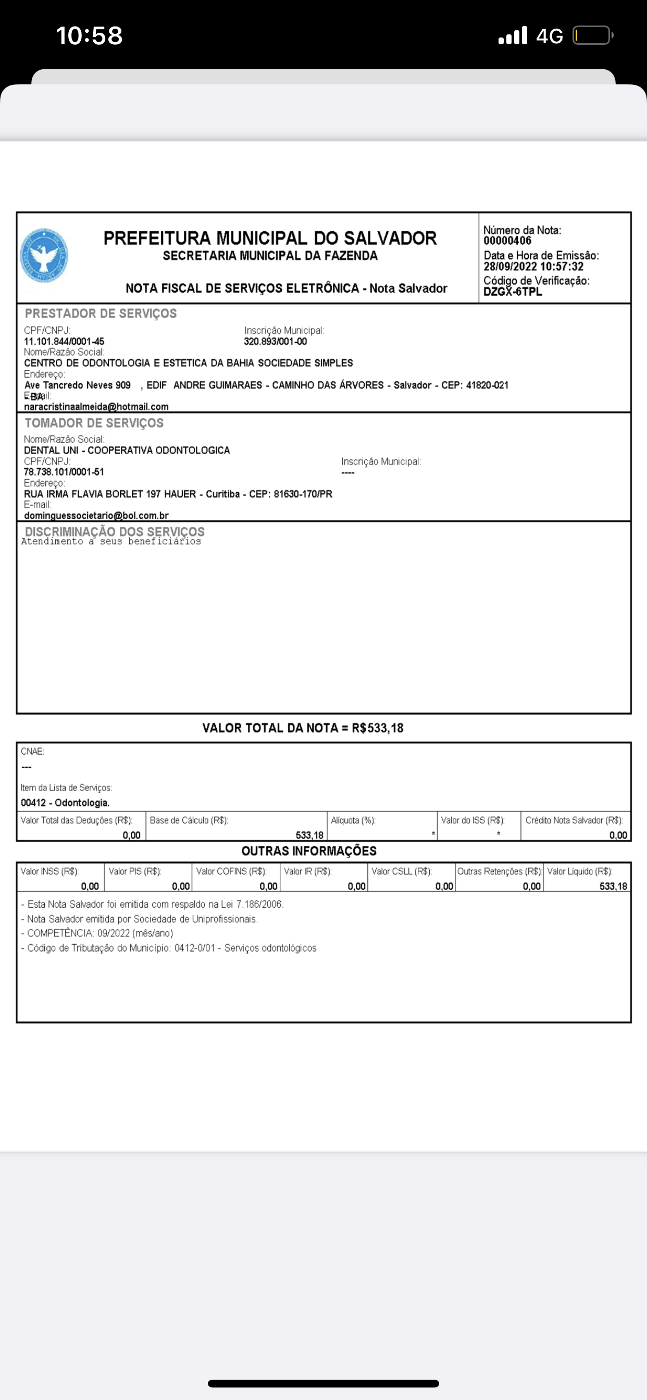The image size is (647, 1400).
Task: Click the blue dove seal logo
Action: [x=43, y=255]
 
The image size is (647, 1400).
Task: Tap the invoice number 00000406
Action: [x=507, y=241]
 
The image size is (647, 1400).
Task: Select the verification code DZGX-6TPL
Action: [x=513, y=292]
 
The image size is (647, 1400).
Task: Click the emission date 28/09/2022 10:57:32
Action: [x=533, y=266]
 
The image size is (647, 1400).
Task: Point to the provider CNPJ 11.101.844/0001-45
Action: [x=64, y=341]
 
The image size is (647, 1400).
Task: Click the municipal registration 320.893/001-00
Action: [x=275, y=341]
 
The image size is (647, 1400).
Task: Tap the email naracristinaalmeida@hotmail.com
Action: [x=96, y=407]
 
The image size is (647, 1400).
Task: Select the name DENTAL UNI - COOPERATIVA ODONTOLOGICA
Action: [x=127, y=450]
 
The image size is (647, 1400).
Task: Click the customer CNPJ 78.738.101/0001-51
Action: [x=64, y=472]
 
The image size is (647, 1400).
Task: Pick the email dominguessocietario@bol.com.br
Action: [x=96, y=515]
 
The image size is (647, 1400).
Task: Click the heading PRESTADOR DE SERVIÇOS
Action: [x=101, y=314]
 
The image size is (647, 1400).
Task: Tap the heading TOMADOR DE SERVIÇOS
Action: [x=94, y=423]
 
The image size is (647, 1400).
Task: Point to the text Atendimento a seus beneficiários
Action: [x=111, y=541]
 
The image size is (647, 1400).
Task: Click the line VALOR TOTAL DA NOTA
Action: [x=303, y=728]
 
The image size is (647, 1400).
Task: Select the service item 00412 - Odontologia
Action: [x=65, y=803]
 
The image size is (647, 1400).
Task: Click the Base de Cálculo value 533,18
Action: [x=309, y=835]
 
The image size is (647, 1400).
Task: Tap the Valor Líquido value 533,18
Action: [x=613, y=886]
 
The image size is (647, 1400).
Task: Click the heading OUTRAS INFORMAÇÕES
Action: [x=309, y=851]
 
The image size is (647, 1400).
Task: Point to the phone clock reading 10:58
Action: [x=89, y=36]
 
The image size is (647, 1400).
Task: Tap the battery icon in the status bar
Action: [x=592, y=36]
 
